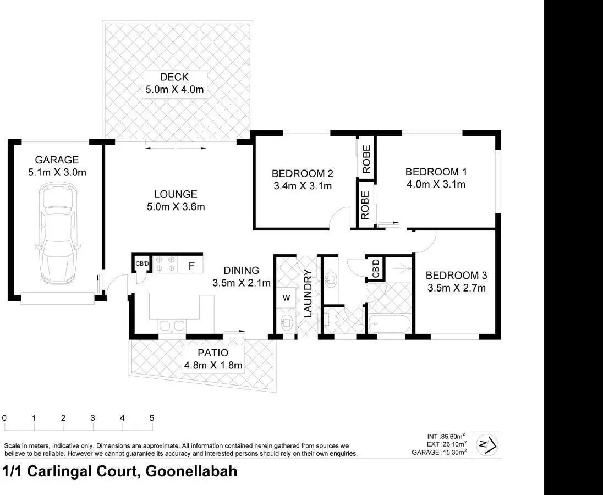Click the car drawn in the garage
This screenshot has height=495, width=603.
(x=57, y=234)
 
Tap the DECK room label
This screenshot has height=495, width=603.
(x=174, y=78)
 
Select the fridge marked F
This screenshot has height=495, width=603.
(x=191, y=266)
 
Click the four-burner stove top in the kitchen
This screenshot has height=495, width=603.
(x=164, y=263)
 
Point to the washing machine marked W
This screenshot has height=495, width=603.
(x=286, y=298)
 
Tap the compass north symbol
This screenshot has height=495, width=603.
(x=487, y=444)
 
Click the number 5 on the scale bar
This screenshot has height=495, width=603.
(x=151, y=418)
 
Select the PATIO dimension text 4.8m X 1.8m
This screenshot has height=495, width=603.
(x=213, y=365)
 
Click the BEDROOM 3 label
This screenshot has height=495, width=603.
(x=456, y=275)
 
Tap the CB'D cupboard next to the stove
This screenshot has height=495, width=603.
(x=142, y=264)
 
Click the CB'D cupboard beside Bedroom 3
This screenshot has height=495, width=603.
(x=376, y=268)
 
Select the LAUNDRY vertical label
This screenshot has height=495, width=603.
(x=308, y=293)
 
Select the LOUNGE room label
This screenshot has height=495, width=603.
(x=176, y=194)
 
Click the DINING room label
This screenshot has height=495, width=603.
(x=242, y=271)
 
